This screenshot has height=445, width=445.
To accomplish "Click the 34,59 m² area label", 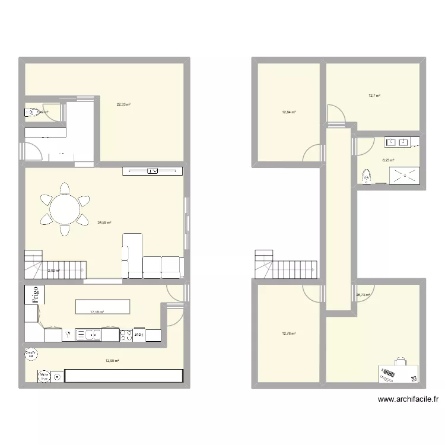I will point(104,223).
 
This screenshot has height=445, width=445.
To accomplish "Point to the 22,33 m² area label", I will point(123,104).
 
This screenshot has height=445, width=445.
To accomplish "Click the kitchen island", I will point(102,306).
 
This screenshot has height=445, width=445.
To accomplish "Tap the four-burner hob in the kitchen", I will point(126,335).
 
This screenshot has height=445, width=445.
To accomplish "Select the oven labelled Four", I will point(139,335).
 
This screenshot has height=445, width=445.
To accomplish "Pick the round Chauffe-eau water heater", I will point(30,354).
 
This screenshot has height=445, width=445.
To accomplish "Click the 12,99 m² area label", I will point(113,361).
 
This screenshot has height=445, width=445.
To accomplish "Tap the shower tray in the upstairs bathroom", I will point(404,174).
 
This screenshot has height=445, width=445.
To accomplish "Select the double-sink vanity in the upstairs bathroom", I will point(398,142).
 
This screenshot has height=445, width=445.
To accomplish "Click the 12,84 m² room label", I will point(289,112).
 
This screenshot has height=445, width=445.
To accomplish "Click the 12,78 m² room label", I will point(289,333).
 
